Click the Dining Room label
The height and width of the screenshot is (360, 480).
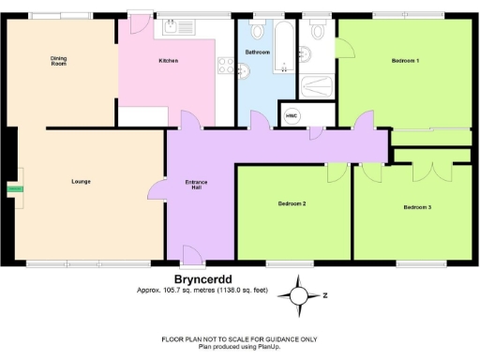[x=58, y=61]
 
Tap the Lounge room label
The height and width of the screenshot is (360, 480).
[x=80, y=181]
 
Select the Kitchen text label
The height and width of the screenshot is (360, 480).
[x=168, y=61]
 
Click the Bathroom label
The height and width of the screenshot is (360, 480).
[x=257, y=52]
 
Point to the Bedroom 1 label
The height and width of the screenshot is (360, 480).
[x=405, y=61]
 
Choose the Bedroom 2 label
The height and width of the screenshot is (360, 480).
[x=292, y=202]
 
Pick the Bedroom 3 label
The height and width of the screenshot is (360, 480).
[x=417, y=206]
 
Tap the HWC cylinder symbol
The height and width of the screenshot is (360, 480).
[x=318, y=115]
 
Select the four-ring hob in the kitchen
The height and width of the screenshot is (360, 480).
[x=225, y=65]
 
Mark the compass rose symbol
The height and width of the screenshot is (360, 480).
[x=298, y=294]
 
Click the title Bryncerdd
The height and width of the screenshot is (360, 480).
[x=201, y=278]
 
